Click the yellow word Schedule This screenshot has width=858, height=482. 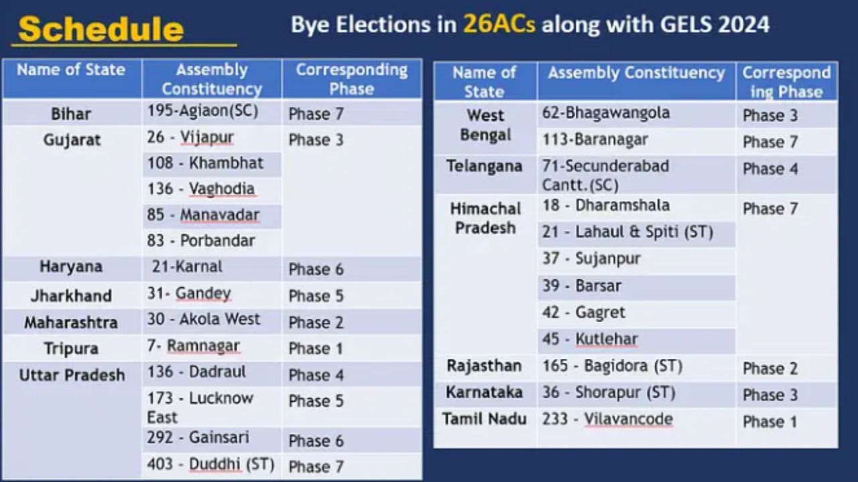point(101,29)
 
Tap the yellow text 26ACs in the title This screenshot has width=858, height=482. point(499,24)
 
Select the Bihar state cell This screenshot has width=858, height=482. point(71,114)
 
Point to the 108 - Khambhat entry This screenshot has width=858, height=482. point(205,163)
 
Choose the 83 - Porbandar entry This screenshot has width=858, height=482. point(201,240)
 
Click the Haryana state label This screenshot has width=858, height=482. point(71,266)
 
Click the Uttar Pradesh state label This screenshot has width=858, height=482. point(72,376)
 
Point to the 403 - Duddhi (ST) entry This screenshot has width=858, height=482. point(210,464)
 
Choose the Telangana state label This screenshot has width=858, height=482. point(485,166)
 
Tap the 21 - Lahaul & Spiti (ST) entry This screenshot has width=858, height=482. point(627,232)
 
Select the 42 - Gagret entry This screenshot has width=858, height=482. point(583,313)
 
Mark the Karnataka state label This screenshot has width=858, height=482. point(484,392)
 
